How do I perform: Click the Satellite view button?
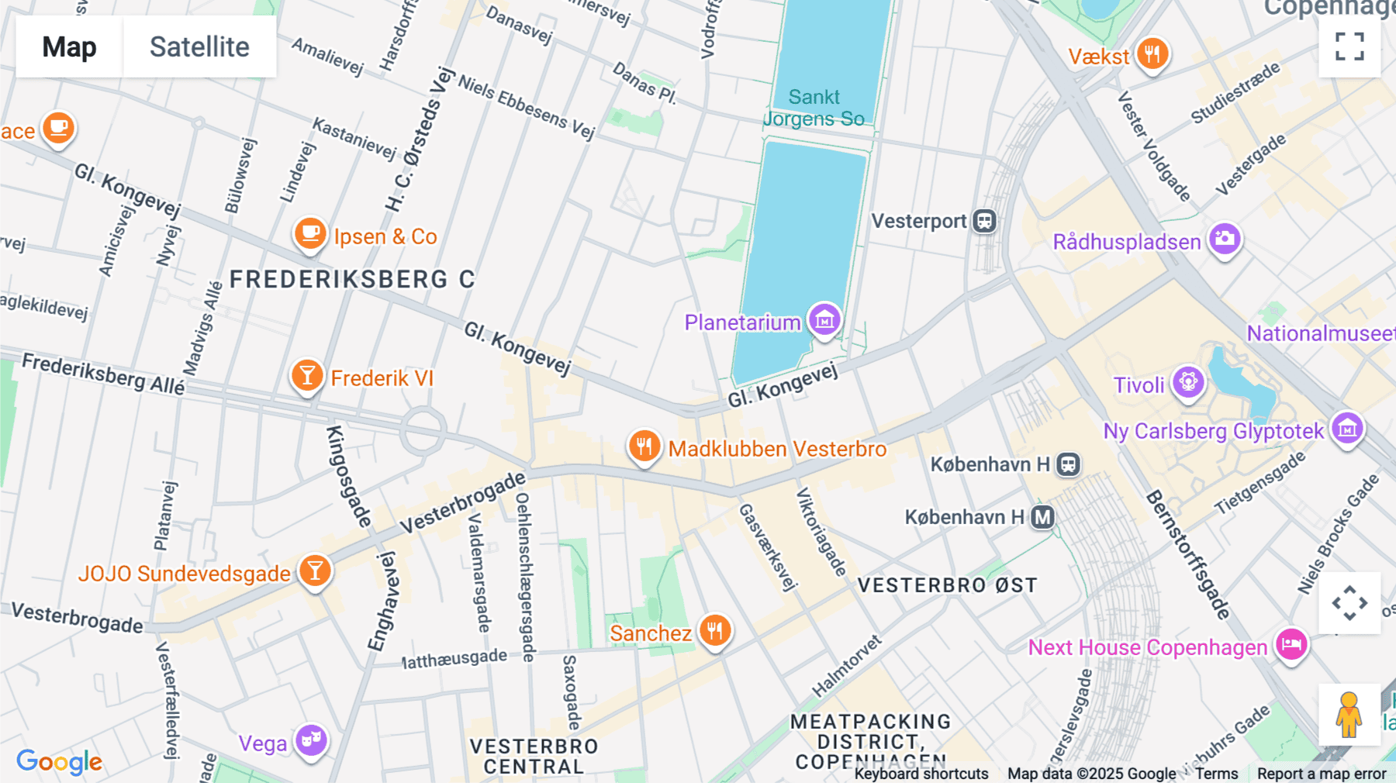tap(199, 47)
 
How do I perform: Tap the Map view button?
tap(69, 47)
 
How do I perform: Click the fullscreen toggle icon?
tap(1349, 47)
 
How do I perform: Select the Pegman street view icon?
tap(1349, 714)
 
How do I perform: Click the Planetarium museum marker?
tap(824, 319)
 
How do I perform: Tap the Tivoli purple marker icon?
tap(1188, 381)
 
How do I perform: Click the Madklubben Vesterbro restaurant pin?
tap(644, 446)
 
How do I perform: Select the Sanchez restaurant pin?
tap(715, 630)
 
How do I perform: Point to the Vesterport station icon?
tap(985, 221)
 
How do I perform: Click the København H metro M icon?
tap(1043, 517)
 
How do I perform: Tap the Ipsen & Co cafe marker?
tap(310, 233)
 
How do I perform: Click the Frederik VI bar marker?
tap(307, 375)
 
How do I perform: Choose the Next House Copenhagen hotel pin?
tap(1291, 643)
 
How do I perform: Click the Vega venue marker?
tap(311, 740)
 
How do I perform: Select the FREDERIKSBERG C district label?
tap(352, 279)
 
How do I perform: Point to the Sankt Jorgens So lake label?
tap(814, 108)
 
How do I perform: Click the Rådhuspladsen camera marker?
tap(1225, 239)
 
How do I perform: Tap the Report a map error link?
tap(1322, 774)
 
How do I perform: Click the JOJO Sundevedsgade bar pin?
tap(315, 571)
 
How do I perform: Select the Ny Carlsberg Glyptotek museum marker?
tap(1347, 428)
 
